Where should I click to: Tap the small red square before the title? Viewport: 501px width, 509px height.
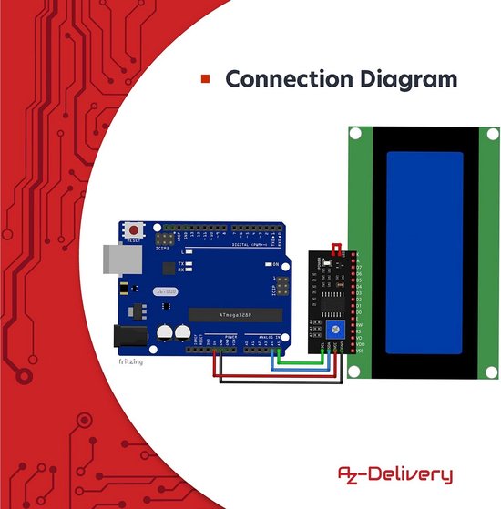pos(205,79)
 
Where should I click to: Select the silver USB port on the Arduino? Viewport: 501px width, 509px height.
pos(112,259)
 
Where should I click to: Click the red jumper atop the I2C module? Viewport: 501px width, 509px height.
pos(336,249)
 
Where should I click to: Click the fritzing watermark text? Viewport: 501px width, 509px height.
pos(131,361)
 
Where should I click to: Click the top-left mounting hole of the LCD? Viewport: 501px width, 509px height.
pos(356,134)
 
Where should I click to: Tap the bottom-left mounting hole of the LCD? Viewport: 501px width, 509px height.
pos(356,370)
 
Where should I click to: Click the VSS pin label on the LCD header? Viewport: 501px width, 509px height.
pos(360,350)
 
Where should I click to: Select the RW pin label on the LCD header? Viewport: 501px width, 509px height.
pos(360,324)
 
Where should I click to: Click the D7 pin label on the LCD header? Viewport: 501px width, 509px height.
pos(360,267)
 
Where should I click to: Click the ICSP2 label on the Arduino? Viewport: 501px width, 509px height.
pos(162,247)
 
